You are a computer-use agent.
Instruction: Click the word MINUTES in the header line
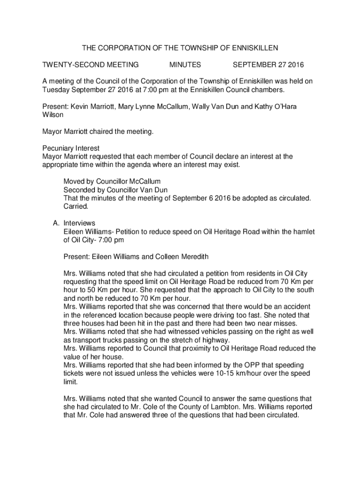pyautogui.click(x=185, y=65)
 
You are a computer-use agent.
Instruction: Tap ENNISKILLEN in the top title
pyautogui.click(x=252, y=48)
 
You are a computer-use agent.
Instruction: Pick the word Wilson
pyautogui.click(x=53, y=115)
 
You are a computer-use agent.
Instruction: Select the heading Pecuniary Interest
pyautogui.click(x=71, y=148)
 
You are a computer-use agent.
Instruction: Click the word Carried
pyautogui.click(x=76, y=206)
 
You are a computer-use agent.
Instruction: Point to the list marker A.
pyautogui.click(x=55, y=223)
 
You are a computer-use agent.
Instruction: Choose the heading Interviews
pyautogui.click(x=79, y=223)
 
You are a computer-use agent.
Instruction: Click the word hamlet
pyautogui.click(x=303, y=232)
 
